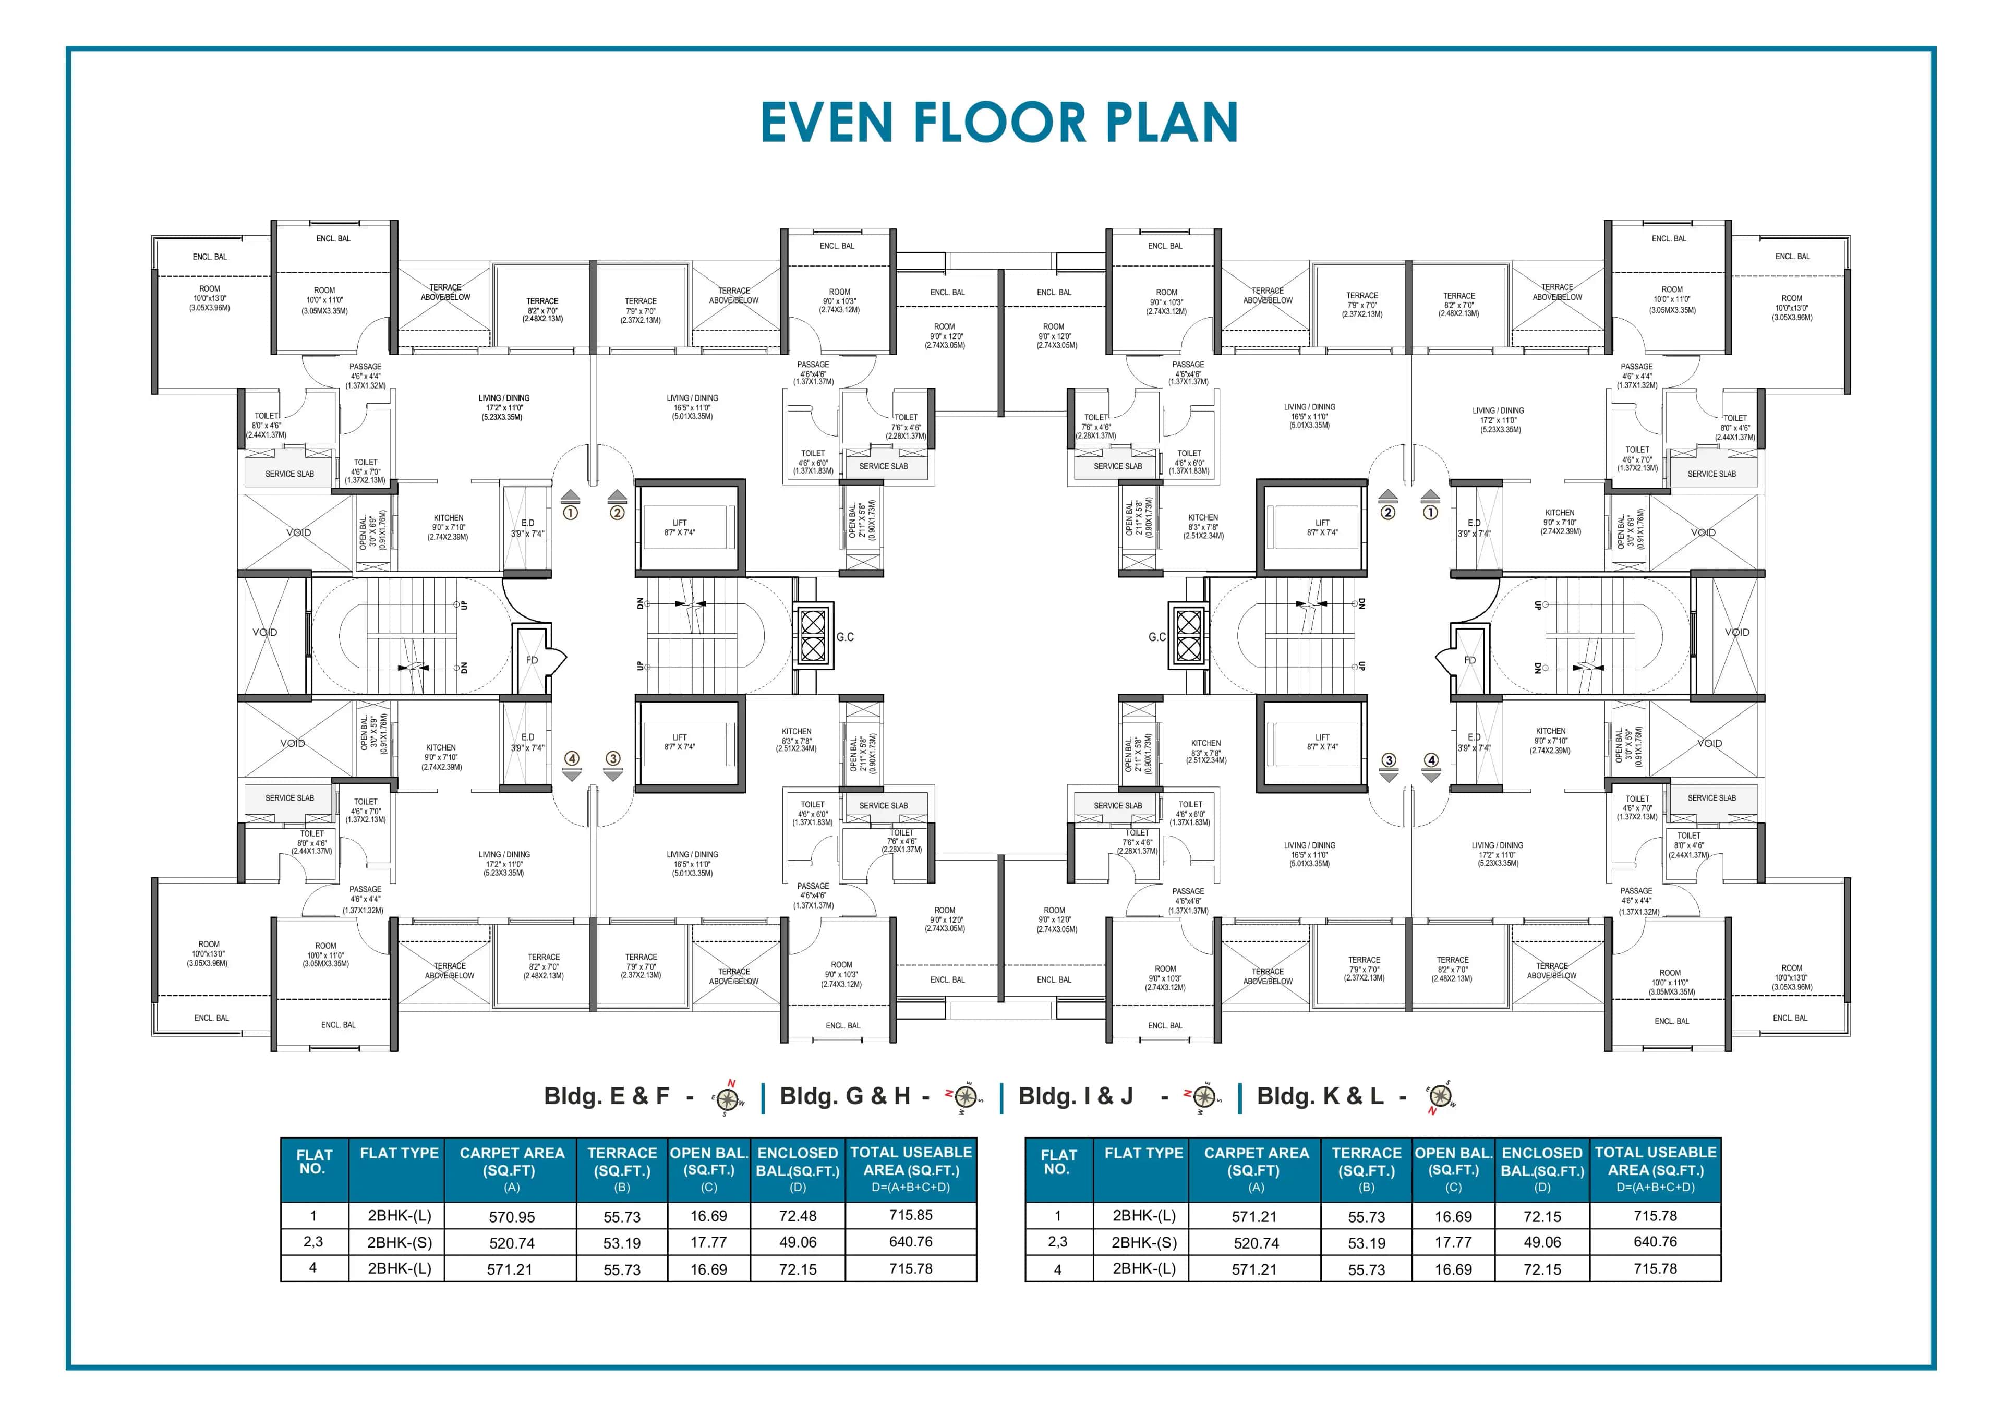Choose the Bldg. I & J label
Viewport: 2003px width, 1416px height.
[x=1076, y=1097]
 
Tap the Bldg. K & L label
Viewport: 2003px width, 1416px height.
[x=1320, y=1097]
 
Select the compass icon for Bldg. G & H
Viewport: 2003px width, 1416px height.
[x=964, y=1097]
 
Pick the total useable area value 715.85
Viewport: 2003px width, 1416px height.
[x=911, y=1215]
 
